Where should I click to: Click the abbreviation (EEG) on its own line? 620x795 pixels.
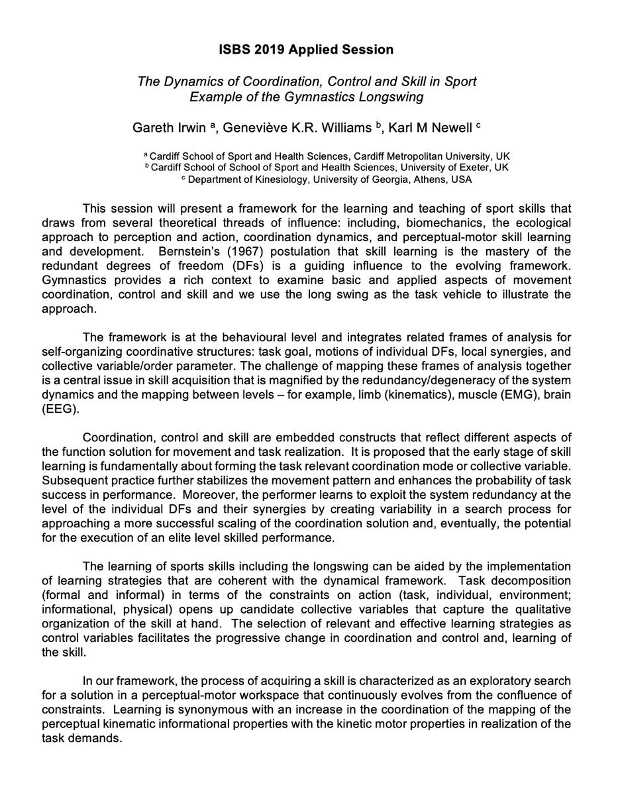click(64, 410)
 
